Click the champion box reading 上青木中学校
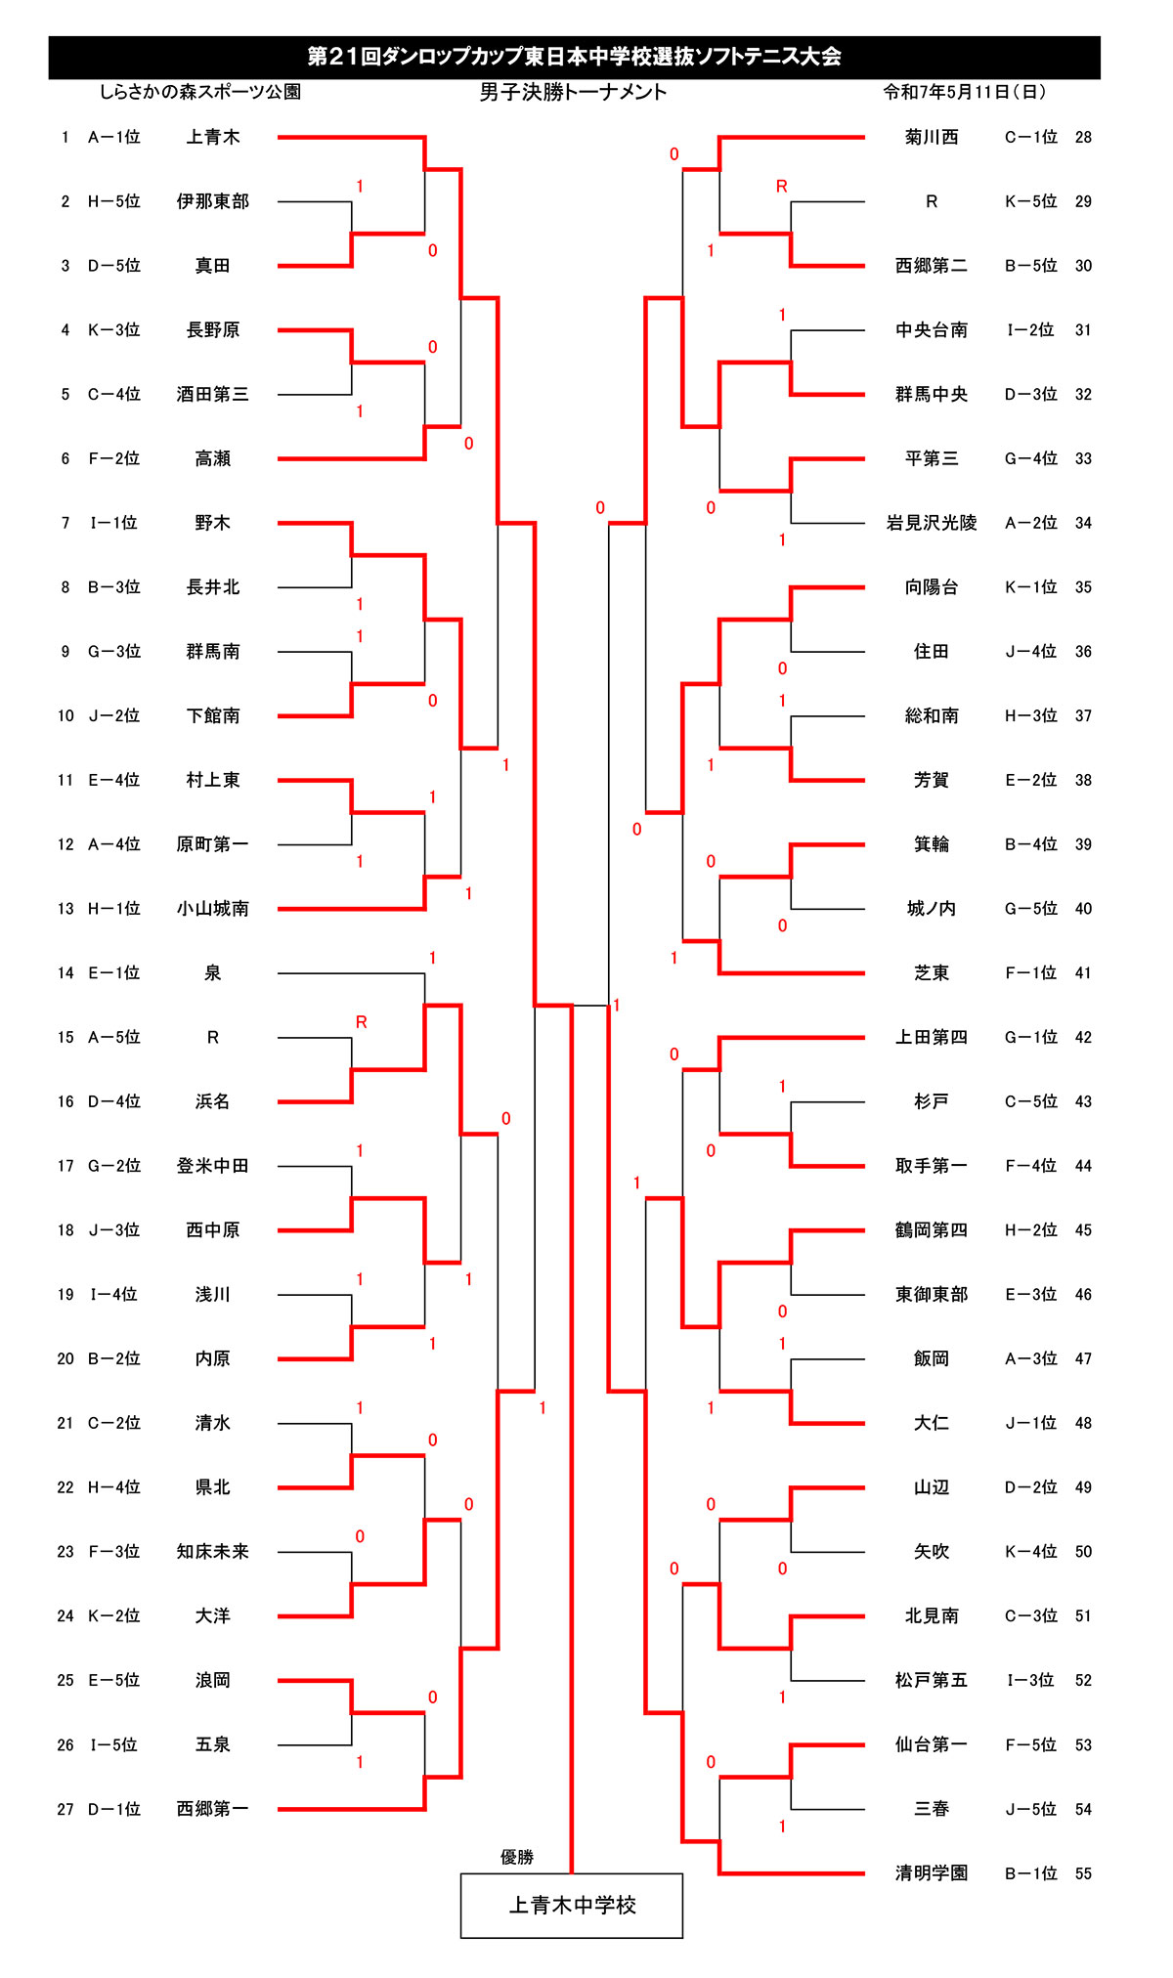click(572, 1905)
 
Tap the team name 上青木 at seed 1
click(213, 138)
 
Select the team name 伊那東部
click(213, 201)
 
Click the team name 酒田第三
click(213, 395)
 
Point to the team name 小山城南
click(213, 909)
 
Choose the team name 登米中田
click(213, 1166)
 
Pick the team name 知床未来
click(213, 1552)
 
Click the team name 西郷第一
click(213, 1809)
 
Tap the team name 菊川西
click(932, 138)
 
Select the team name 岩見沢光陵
click(932, 523)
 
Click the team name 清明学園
click(932, 1873)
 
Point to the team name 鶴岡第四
click(932, 1230)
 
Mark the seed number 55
click(1083, 1873)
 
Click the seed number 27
click(65, 1809)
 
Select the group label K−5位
click(1031, 201)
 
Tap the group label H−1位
click(114, 909)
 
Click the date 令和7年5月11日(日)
click(965, 92)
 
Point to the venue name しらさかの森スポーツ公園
click(200, 92)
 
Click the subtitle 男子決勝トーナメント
click(573, 92)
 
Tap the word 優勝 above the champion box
click(517, 1857)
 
